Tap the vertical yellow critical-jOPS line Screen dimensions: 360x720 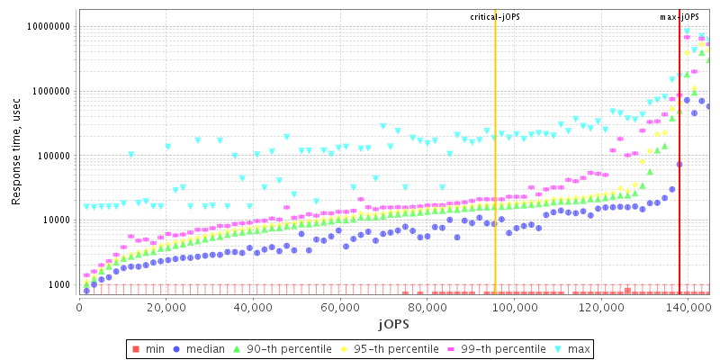tap(495, 180)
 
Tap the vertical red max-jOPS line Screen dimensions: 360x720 tap(679, 180)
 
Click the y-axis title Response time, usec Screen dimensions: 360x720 tap(16, 154)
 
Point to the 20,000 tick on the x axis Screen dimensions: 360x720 tap(166, 307)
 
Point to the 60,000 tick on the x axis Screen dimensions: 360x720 tap(341, 307)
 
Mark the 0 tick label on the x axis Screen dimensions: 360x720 tap(79, 307)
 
